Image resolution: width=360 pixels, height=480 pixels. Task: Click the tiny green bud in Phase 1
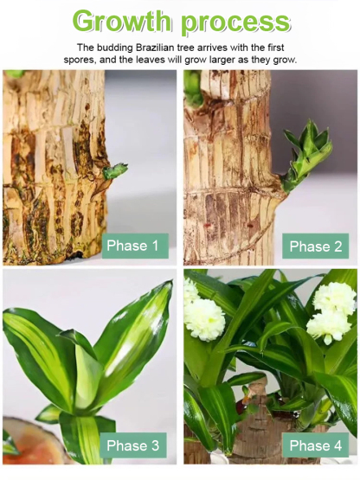tap(113, 170)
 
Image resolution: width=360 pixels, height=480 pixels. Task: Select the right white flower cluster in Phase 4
tap(332, 311)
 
